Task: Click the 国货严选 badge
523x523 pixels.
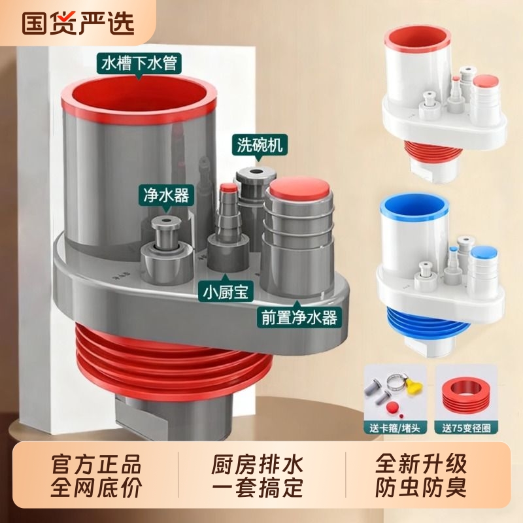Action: (x=78, y=22)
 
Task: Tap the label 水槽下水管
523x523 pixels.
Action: (x=139, y=63)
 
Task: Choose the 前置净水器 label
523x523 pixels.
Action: (x=297, y=318)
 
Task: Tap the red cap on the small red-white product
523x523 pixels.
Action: (x=484, y=82)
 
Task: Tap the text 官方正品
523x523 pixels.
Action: (x=96, y=465)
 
